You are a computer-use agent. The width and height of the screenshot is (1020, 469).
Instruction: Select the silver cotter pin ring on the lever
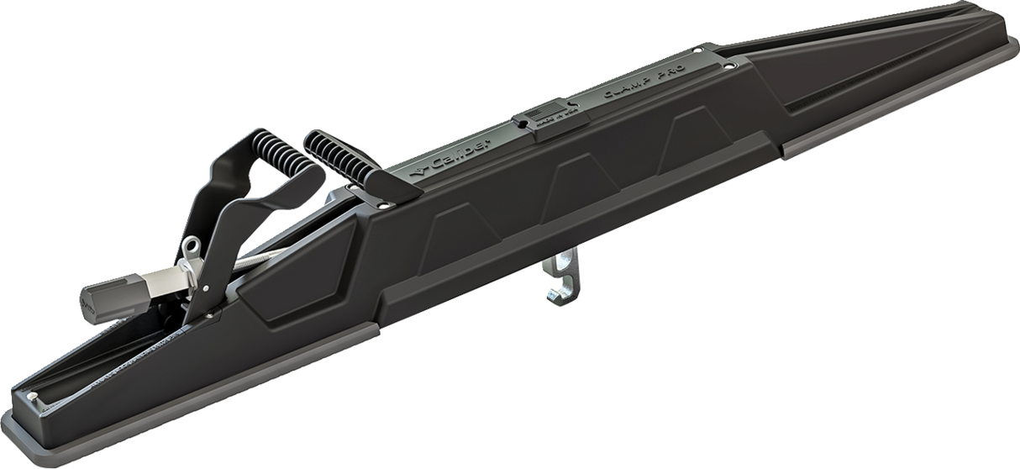[192, 245]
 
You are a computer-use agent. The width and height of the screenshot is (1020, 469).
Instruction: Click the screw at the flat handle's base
[382, 203]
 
